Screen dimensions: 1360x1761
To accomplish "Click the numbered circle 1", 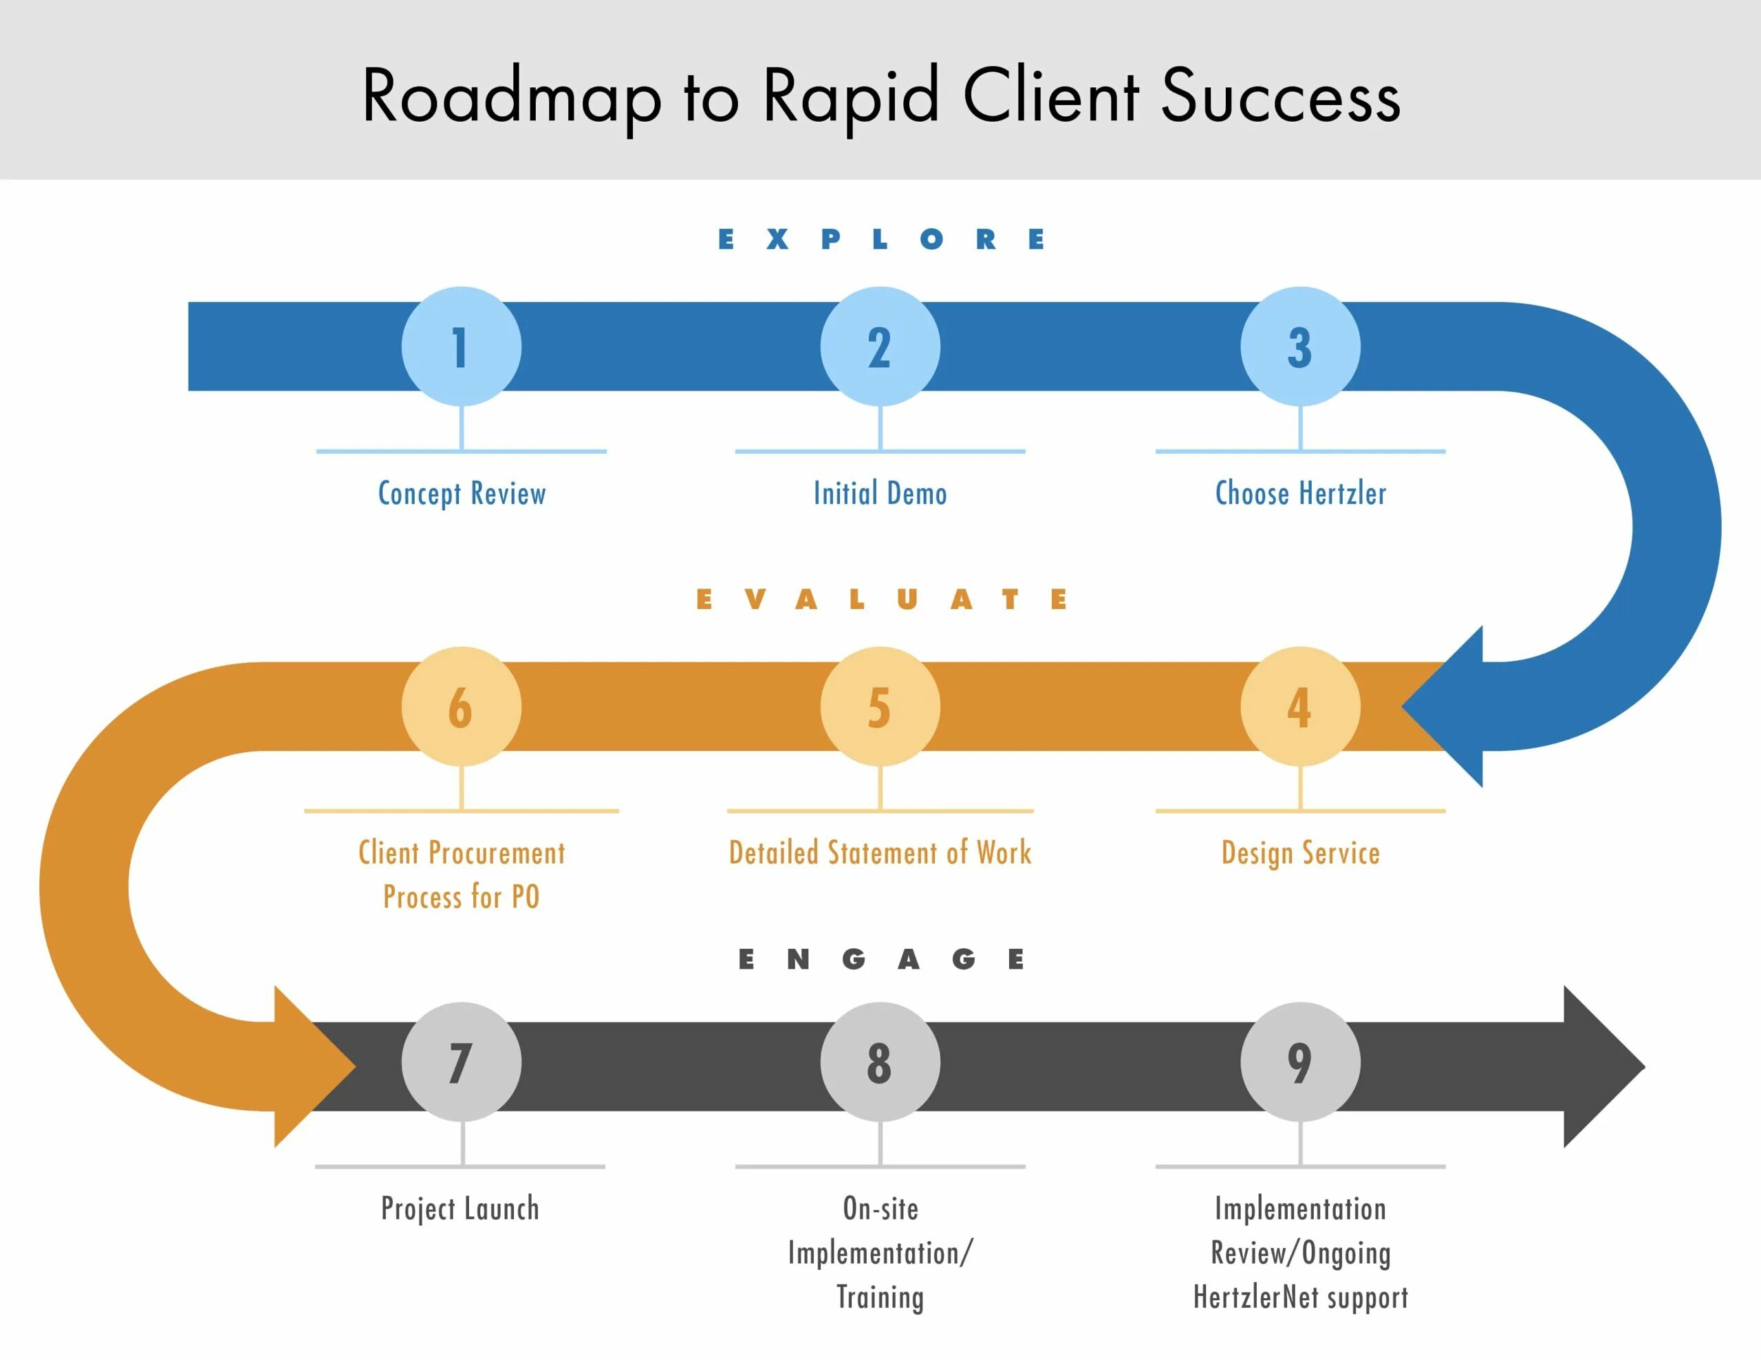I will point(461,347).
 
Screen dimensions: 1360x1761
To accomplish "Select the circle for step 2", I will point(880,347).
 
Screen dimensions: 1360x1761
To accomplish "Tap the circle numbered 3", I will point(1300,347).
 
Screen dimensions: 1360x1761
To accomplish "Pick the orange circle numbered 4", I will point(1300,707).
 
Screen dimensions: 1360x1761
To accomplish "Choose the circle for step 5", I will point(880,707).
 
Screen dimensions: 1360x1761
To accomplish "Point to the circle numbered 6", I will point(461,707).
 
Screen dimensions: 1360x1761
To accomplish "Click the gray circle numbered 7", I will point(461,1062).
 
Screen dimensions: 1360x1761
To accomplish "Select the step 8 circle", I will point(880,1062).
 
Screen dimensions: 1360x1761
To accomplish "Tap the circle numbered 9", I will point(1300,1062).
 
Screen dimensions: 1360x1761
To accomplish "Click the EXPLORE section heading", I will point(881,239).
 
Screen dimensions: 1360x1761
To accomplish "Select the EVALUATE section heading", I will point(881,600).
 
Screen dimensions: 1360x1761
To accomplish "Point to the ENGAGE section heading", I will point(881,959).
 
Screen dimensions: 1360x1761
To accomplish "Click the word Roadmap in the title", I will point(511,97).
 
